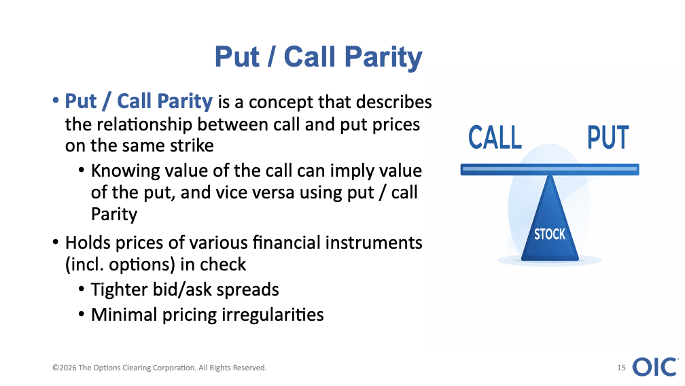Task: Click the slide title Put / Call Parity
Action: click(x=319, y=57)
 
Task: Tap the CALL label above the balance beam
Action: click(x=495, y=137)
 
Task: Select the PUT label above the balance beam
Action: click(x=608, y=137)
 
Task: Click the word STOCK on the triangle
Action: click(x=550, y=234)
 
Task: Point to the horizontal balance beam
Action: click(x=550, y=169)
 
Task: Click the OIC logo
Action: click(x=655, y=367)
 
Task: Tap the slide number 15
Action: click(x=621, y=368)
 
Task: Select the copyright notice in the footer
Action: click(x=160, y=368)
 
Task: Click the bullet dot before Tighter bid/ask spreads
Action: click(x=82, y=289)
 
